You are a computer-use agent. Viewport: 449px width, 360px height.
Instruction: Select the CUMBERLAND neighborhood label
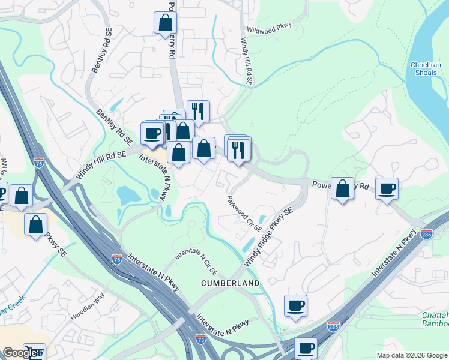231,283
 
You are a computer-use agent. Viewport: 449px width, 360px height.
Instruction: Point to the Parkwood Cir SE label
244,213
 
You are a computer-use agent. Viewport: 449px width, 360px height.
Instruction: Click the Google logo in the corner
20,353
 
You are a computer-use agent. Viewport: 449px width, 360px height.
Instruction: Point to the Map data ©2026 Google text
411,355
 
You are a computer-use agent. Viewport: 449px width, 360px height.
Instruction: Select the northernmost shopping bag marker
165,23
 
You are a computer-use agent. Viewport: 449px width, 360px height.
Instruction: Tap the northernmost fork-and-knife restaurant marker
198,111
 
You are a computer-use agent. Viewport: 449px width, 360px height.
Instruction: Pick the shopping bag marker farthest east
342,188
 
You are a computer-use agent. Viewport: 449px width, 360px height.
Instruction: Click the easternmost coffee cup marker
387,188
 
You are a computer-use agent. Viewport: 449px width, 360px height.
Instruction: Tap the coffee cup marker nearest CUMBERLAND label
295,305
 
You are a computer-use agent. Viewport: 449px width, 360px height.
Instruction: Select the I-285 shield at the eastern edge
426,233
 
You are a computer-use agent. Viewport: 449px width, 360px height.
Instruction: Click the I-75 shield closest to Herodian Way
116,259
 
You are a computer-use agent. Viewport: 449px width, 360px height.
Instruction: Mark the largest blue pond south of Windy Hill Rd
128,195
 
